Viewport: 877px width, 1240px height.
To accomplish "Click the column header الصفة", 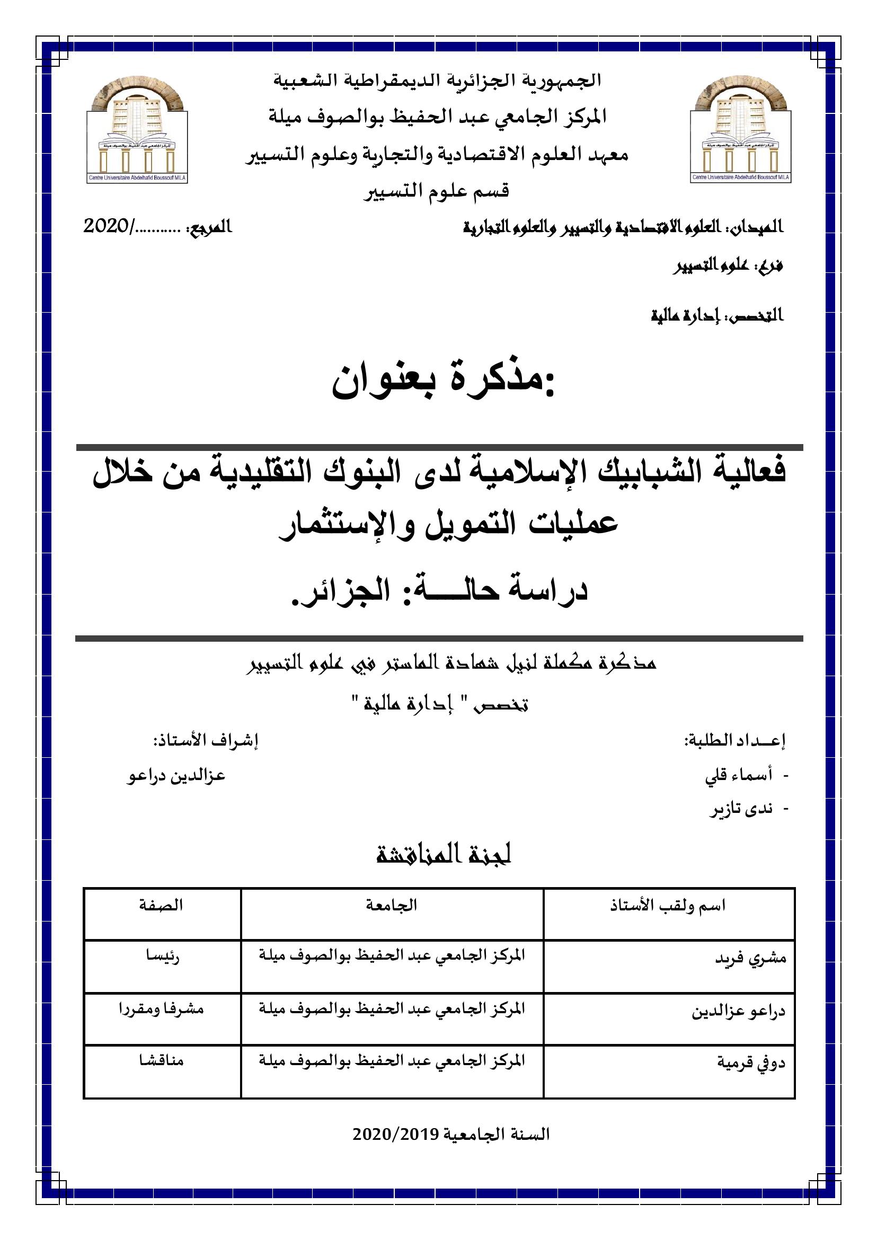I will coord(161,906).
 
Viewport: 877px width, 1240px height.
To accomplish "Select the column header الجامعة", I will coord(392,906).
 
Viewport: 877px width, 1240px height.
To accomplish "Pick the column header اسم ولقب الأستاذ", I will coord(668,906).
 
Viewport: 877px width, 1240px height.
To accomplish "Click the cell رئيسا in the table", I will coord(163,956).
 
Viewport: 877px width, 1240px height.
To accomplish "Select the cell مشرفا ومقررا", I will coord(162,1009).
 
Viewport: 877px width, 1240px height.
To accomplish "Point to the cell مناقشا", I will coord(162,1061).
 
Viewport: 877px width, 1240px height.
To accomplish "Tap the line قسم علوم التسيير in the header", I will coord(436,191).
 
